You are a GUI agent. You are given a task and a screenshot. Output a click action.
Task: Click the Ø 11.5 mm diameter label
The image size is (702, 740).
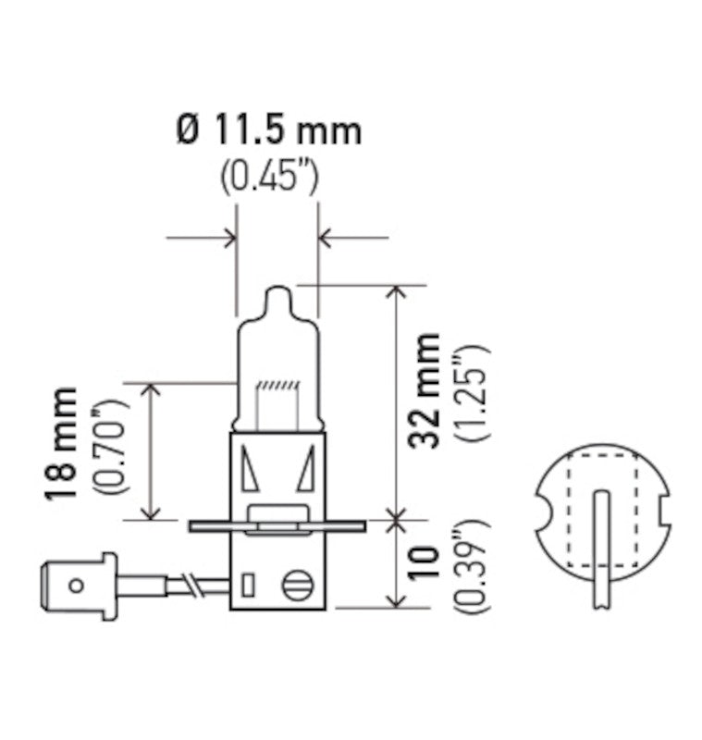[268, 131]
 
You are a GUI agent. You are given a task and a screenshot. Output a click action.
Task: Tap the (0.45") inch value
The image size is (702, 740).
[269, 177]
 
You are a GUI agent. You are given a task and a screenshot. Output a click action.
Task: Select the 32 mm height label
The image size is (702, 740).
[425, 392]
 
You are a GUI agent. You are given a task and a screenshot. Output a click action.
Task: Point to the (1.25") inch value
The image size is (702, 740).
[469, 392]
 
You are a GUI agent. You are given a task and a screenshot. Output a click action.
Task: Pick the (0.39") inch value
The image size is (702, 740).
[469, 568]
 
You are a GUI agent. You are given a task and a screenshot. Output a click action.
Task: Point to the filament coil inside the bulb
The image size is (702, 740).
[277, 384]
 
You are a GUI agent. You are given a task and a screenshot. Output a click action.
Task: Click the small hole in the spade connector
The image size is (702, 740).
[77, 584]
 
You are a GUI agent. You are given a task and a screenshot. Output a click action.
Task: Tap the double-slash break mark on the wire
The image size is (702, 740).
[192, 584]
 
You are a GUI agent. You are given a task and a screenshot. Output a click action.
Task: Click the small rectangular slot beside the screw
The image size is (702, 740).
[247, 586]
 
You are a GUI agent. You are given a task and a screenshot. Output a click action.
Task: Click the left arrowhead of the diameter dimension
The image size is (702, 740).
[229, 239]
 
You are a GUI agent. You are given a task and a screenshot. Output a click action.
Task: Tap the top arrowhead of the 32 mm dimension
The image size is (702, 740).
[398, 292]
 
